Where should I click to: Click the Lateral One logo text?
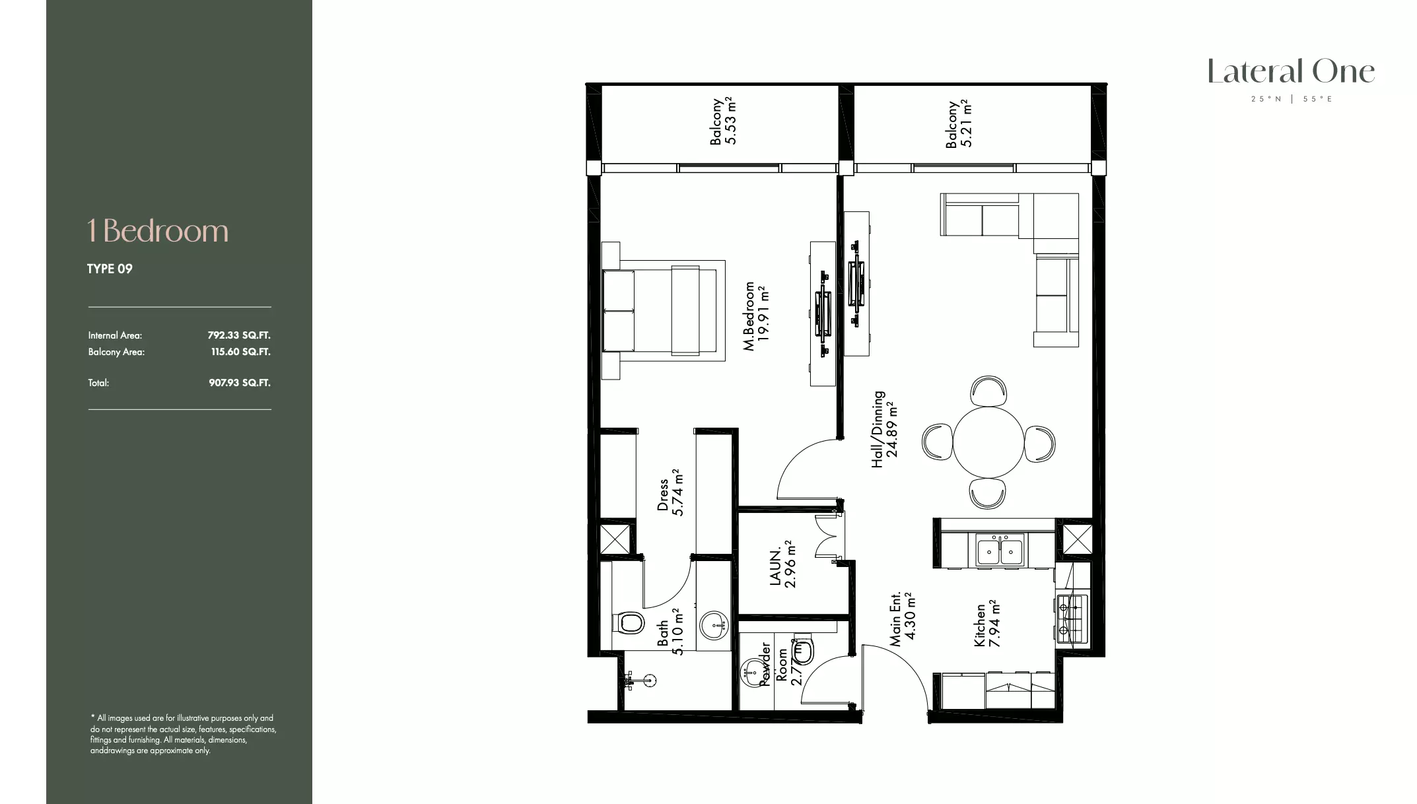[1291, 72]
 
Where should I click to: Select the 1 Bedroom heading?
[158, 231]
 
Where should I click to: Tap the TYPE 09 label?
[110, 269]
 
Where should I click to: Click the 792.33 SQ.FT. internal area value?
[239, 335]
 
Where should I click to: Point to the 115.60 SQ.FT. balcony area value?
[240, 352]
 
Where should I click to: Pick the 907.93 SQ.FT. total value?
[240, 383]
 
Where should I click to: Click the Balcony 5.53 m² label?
[722, 121]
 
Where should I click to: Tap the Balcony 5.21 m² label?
[958, 124]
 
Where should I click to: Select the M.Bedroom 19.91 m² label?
[757, 316]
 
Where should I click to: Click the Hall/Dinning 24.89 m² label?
[885, 429]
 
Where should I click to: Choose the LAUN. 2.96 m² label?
[782, 564]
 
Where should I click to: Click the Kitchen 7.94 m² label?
[987, 624]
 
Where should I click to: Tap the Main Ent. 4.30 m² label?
[902, 618]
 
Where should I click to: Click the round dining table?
[988, 442]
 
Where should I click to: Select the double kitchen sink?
[1000, 551]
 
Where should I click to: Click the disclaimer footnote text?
[183, 734]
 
